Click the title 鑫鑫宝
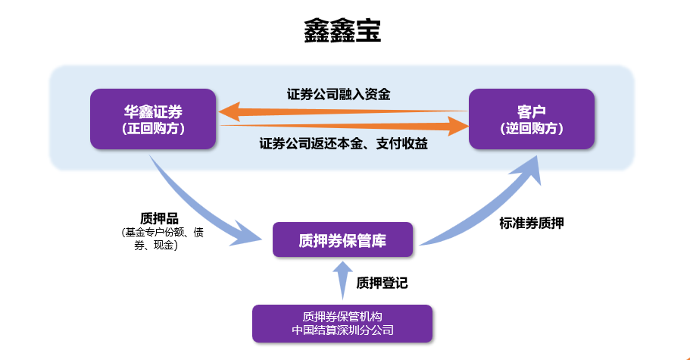(342, 31)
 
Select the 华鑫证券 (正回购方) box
(153, 119)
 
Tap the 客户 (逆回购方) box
(532, 119)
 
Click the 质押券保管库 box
(343, 239)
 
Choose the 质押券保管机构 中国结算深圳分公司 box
(342, 324)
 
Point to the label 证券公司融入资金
(339, 94)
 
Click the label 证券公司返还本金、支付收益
(344, 143)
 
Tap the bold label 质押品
(159, 218)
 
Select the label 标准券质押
(532, 223)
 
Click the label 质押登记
(382, 283)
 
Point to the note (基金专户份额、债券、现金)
(162, 239)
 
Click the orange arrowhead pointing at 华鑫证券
(229, 111)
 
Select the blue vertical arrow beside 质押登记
(343, 280)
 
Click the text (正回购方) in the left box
(153, 129)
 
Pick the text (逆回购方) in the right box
(532, 129)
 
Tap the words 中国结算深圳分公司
(343, 330)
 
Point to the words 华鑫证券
(153, 111)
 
